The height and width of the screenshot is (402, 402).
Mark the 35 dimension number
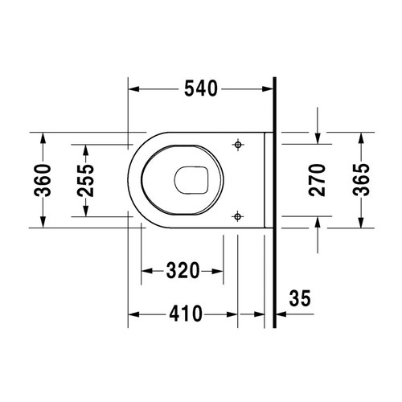[x=298, y=299]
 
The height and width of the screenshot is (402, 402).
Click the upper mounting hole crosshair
[x=237, y=144]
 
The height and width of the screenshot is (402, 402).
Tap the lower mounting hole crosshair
[x=237, y=215]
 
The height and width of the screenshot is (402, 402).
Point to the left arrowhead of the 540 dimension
[x=133, y=89]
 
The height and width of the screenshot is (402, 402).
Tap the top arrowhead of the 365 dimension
[x=361, y=136]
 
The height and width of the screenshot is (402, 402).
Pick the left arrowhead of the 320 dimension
[x=145, y=271]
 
